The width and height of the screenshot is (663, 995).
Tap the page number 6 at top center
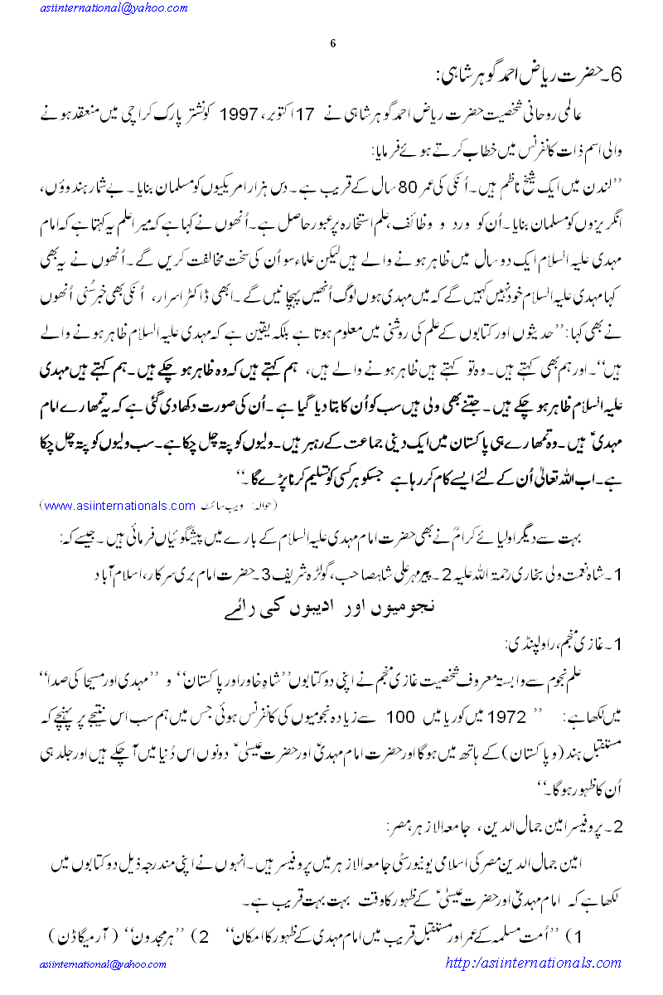331,43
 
